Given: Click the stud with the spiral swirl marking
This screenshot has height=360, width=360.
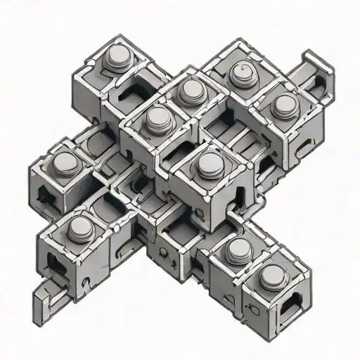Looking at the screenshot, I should click(x=236, y=72).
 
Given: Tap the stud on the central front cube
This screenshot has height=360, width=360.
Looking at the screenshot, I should click(x=208, y=162).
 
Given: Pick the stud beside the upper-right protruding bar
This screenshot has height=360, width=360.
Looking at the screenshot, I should click(x=284, y=105).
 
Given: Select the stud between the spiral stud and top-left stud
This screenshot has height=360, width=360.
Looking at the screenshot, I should click(x=190, y=89).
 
